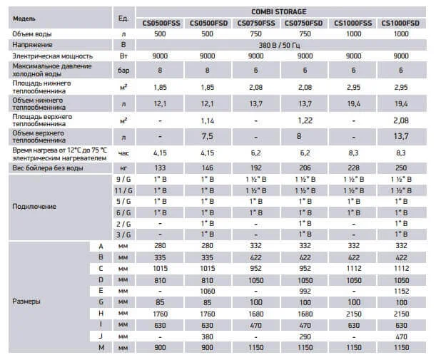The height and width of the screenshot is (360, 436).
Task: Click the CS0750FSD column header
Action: coord(304,23)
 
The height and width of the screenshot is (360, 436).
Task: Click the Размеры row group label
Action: coord(27,302)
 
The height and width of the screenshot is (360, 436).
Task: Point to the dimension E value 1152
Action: coord(401,291)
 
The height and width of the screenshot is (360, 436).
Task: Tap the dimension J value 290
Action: coord(304,336)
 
